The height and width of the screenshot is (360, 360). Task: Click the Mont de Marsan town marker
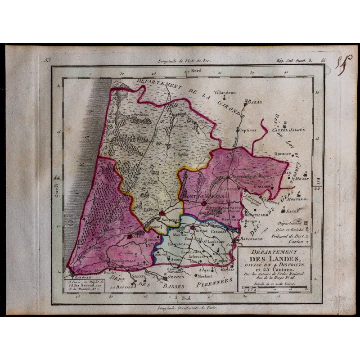point(203,203)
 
